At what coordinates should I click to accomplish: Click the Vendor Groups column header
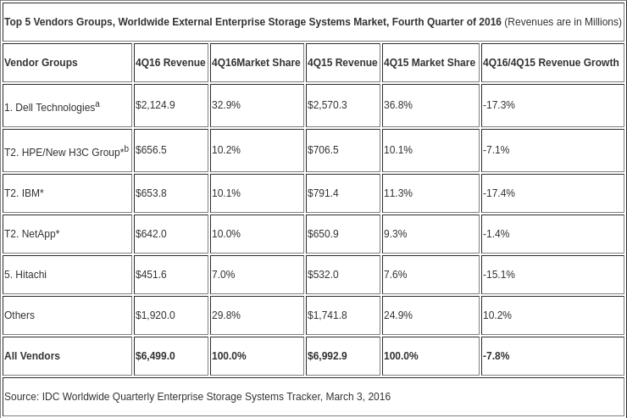(41, 63)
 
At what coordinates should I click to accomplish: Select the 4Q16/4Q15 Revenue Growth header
(551, 63)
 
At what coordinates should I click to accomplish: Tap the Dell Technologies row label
(52, 107)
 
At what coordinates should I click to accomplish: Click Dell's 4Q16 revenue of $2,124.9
(155, 105)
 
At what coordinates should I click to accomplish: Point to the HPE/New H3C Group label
(66, 151)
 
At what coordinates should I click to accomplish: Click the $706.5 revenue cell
(323, 150)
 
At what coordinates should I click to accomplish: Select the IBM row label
(24, 193)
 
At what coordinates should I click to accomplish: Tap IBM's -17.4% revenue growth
(499, 193)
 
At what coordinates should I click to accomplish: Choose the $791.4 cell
(323, 193)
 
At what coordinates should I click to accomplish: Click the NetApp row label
(32, 234)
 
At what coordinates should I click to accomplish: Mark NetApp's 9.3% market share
(395, 234)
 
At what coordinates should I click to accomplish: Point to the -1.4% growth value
(496, 234)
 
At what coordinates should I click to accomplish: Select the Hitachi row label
(25, 275)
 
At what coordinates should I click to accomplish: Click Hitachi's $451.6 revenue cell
(151, 275)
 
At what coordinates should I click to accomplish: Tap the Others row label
(19, 315)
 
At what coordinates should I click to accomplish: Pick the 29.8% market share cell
(226, 315)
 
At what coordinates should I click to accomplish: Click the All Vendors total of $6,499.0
(155, 356)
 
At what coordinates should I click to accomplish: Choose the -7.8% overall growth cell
(496, 356)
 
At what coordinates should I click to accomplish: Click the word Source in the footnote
(21, 397)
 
